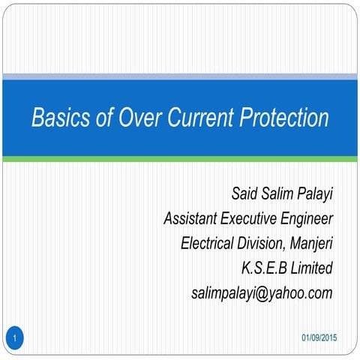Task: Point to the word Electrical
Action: point(211,244)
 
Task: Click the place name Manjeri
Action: point(311,244)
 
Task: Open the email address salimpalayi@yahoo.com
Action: point(262,292)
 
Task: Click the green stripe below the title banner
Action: point(180,159)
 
